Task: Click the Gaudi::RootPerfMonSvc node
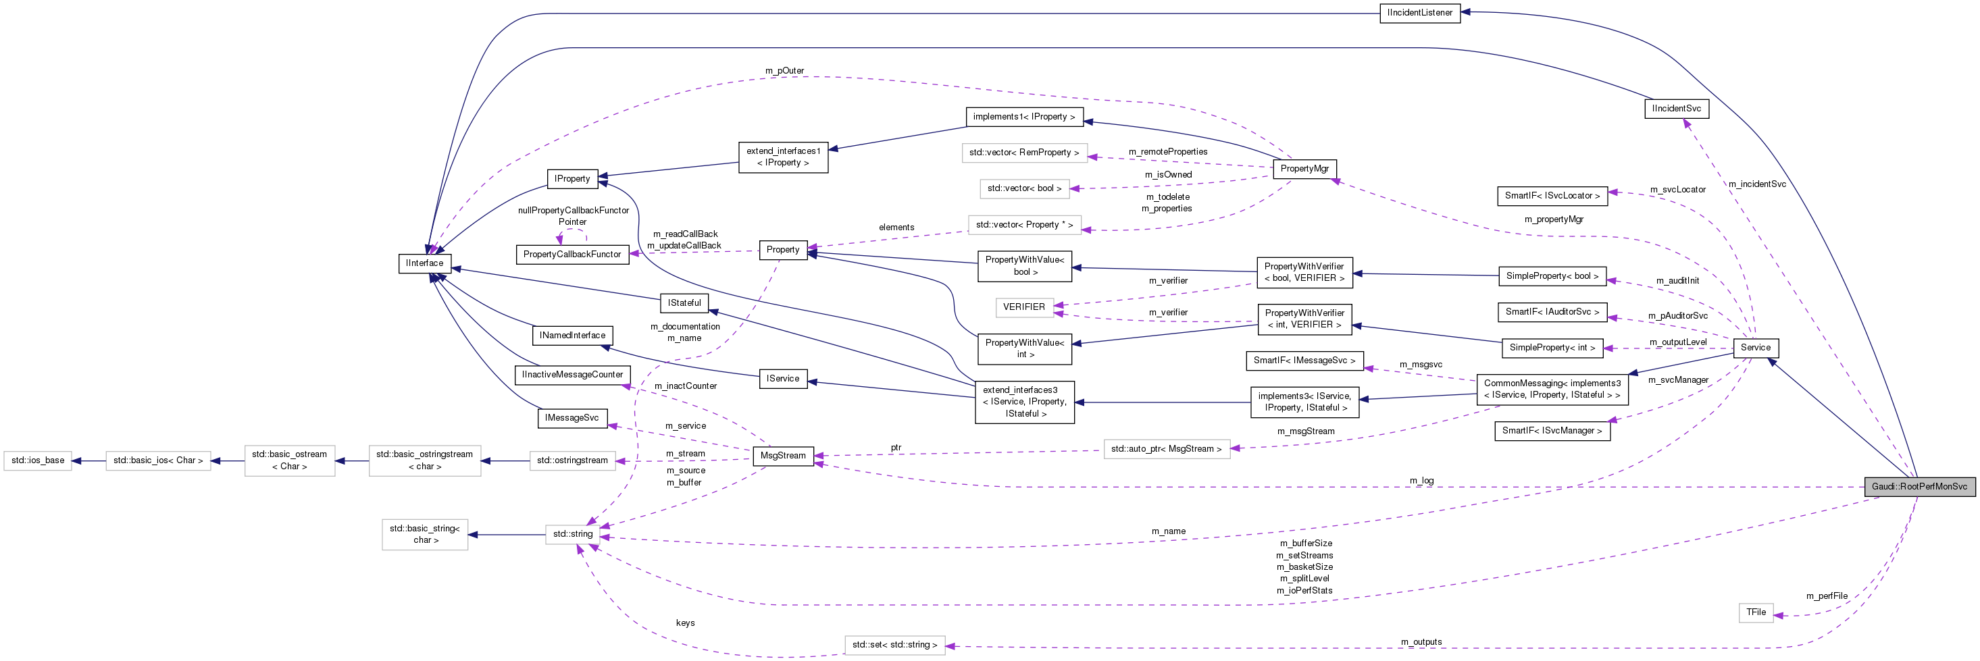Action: coord(1919,487)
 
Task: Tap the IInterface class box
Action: coord(424,263)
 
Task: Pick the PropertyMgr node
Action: coord(1304,168)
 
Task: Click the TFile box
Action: coord(1756,612)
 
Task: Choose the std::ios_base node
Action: coord(38,460)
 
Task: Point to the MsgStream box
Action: coord(782,456)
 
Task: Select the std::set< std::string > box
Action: coord(894,645)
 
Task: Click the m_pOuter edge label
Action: coord(784,71)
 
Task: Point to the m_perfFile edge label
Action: coord(1826,596)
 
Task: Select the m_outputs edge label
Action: coord(1421,642)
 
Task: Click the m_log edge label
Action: coord(1421,480)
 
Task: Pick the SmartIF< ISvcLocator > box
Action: coord(1551,196)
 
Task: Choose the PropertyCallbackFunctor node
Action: coord(572,255)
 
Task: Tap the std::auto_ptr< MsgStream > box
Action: coord(1165,449)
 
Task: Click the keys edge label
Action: coord(685,623)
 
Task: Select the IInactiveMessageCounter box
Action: coord(572,374)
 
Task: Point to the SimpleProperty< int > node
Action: coord(1551,348)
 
